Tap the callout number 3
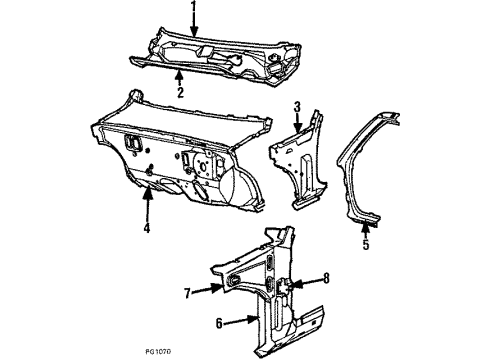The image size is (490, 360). [297, 107]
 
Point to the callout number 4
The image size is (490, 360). [146, 228]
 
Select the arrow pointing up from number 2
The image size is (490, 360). [179, 76]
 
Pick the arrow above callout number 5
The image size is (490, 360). [364, 223]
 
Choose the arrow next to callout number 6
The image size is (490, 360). [240, 319]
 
